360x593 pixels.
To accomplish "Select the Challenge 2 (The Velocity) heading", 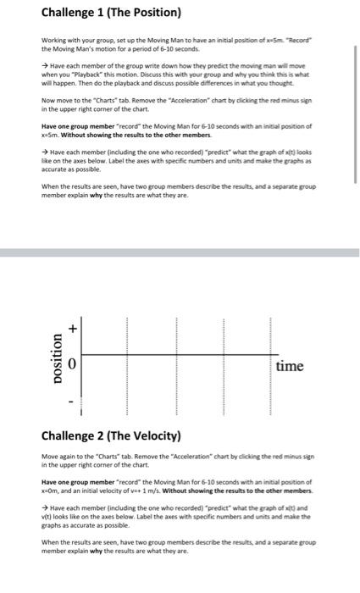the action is pos(111,437).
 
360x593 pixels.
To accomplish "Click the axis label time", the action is pos(290,366).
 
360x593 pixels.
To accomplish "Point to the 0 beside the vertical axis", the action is pos(73,364).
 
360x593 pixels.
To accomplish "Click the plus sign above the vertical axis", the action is pos(73,327).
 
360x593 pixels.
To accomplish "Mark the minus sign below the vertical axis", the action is pos(73,401).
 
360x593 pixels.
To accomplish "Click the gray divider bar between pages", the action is pos(180,252).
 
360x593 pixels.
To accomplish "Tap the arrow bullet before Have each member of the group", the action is pos(45,64).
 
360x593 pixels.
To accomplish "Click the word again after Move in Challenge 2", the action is pos(68,457).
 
